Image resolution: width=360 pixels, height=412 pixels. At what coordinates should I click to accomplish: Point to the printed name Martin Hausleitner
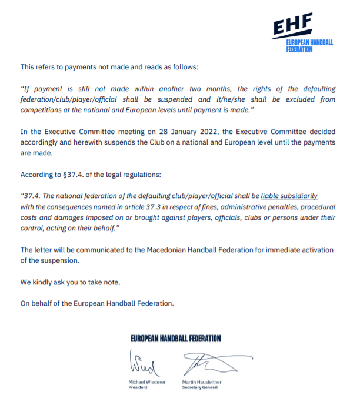click(202, 383)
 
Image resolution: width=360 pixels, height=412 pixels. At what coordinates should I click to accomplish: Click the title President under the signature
click(138, 388)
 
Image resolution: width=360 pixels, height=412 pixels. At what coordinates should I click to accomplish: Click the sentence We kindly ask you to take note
click(70, 283)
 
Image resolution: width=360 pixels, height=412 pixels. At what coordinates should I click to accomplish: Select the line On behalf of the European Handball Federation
click(97, 303)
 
